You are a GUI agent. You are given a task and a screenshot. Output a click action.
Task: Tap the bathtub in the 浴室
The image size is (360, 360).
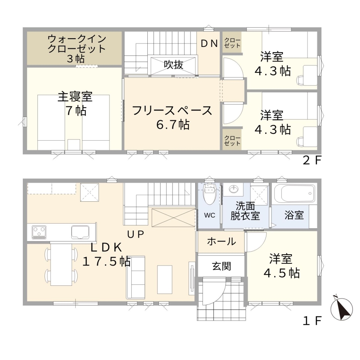(x=294, y=193)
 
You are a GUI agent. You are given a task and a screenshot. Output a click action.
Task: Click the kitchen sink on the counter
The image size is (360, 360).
(x=80, y=232)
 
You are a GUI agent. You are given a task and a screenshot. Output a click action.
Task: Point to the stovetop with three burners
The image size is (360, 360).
(x=39, y=232)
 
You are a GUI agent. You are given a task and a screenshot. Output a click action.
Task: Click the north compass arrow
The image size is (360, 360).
(x=341, y=308)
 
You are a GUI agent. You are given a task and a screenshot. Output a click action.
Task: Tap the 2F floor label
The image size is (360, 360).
(x=312, y=160)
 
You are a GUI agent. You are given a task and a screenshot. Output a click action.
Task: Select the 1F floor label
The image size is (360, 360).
(x=312, y=321)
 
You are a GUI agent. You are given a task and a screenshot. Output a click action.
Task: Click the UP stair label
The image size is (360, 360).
(x=136, y=234)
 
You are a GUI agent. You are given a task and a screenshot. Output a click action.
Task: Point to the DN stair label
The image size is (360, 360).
(x=209, y=43)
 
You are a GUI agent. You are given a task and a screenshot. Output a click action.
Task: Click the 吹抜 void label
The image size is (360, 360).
(x=174, y=64)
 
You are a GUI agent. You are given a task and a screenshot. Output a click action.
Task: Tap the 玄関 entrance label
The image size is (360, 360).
(x=221, y=266)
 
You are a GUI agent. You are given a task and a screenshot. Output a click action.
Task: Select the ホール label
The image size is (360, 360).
(x=221, y=241)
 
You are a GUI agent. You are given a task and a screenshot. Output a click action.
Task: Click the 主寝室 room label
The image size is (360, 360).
(x=75, y=97)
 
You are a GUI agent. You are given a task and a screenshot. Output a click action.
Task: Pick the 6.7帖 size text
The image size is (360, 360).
(x=173, y=124)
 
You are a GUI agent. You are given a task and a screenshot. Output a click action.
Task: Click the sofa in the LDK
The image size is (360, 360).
(x=136, y=277)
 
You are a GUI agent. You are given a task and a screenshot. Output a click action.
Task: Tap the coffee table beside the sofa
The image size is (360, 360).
(x=165, y=279)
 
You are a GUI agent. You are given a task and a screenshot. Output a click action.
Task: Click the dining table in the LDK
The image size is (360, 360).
(x=61, y=264)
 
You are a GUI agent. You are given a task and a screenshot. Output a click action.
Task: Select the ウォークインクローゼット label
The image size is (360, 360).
(x=76, y=43)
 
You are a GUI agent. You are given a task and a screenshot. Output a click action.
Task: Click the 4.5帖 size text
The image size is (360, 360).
(x=282, y=273)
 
